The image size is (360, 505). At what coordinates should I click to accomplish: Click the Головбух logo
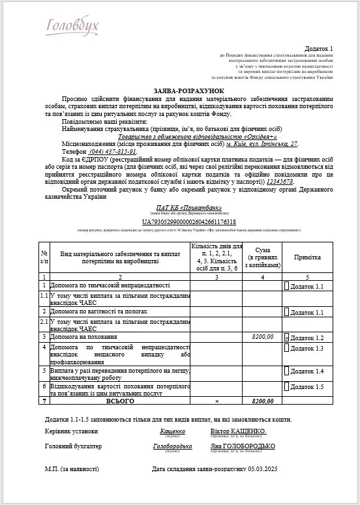[72, 25]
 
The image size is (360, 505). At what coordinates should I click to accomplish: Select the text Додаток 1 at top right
[319, 49]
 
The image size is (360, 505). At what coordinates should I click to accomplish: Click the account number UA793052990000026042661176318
[180, 222]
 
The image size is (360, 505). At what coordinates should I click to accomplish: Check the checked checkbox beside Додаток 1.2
[286, 338]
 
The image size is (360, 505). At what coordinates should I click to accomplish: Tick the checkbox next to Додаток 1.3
[286, 349]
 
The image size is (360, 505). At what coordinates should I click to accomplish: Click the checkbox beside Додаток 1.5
[286, 387]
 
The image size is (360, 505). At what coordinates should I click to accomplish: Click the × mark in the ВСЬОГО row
[217, 401]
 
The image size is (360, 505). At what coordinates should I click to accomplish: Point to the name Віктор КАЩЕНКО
[238, 431]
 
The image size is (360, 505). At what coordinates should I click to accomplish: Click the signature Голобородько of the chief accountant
[172, 446]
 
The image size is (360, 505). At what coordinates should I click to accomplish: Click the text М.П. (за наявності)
[72, 469]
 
